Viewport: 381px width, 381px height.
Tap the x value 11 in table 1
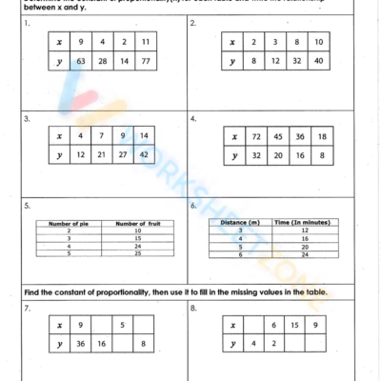[x=145, y=43]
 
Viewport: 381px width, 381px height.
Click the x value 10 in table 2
[x=320, y=43]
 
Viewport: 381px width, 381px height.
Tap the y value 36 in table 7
[x=82, y=344]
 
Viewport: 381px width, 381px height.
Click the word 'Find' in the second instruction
[x=30, y=291]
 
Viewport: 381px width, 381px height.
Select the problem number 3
[x=28, y=119]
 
